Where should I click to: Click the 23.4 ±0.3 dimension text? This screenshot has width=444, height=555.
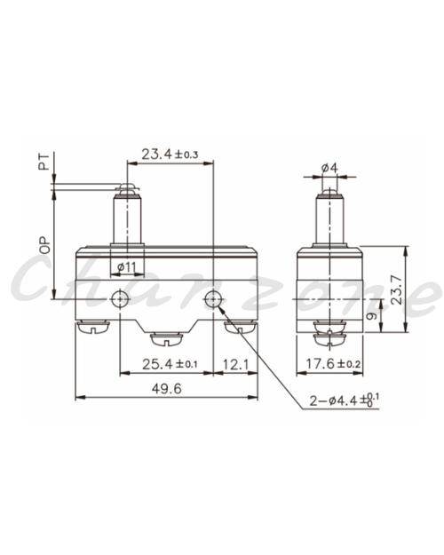pyautogui.click(x=170, y=155)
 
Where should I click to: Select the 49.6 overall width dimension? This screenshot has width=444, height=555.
pyautogui.click(x=166, y=389)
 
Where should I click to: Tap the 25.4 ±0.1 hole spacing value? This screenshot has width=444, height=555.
pyautogui.click(x=170, y=364)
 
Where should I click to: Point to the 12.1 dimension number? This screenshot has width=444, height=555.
pyautogui.click(x=235, y=364)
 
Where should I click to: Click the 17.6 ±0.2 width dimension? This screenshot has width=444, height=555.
pyautogui.click(x=333, y=363)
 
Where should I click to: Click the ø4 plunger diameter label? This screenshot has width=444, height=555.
pyautogui.click(x=329, y=168)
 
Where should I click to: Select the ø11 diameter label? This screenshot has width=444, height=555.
pyautogui.click(x=127, y=267)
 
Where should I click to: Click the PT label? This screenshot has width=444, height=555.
pyautogui.click(x=44, y=163)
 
